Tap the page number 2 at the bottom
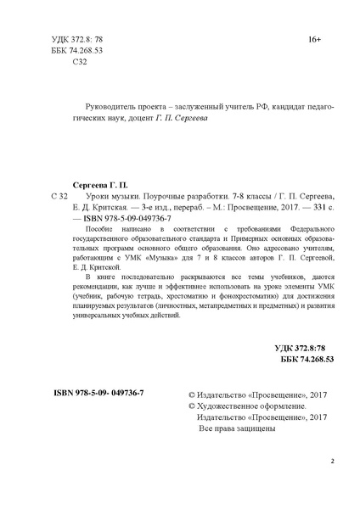[333, 461]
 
